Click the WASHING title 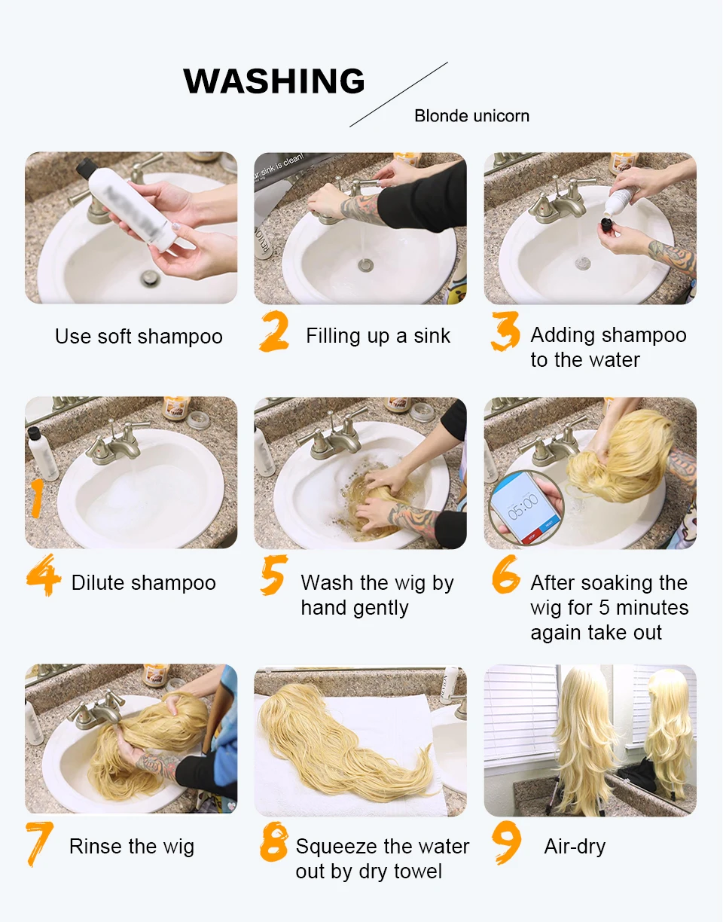click(274, 81)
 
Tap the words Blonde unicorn click(471, 116)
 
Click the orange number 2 click(274, 331)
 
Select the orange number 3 click(505, 331)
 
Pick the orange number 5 click(274, 575)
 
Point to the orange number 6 click(505, 574)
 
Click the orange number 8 click(274, 842)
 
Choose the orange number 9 click(506, 843)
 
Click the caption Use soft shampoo click(139, 337)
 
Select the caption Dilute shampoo click(143, 582)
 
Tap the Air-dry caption click(575, 847)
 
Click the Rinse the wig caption click(132, 847)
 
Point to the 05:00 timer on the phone click(523, 507)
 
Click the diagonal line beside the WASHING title click(398, 94)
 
